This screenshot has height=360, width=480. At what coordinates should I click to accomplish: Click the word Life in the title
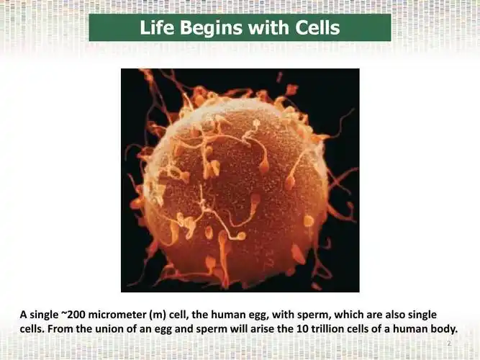tap(155, 28)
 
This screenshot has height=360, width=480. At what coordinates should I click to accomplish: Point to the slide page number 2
tap(448, 344)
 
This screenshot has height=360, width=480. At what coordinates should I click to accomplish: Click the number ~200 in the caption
tap(73, 315)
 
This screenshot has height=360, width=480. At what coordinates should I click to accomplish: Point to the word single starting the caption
tap(44, 315)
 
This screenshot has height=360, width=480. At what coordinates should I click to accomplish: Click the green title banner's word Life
tap(155, 28)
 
